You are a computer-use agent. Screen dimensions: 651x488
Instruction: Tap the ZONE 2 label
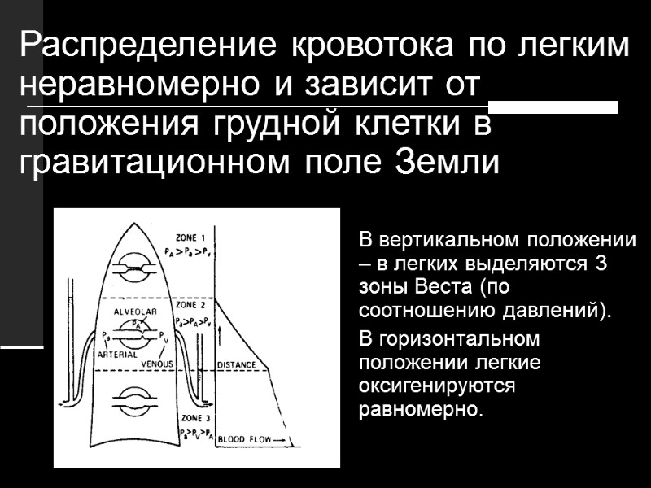[x=191, y=304]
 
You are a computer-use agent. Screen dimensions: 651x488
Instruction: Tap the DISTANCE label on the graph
[x=237, y=365]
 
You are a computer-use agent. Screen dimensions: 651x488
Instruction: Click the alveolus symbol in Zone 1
[x=133, y=268]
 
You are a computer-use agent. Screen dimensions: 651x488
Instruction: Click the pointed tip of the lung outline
[x=133, y=216]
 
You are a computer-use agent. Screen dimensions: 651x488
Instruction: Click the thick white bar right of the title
[x=553, y=107]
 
